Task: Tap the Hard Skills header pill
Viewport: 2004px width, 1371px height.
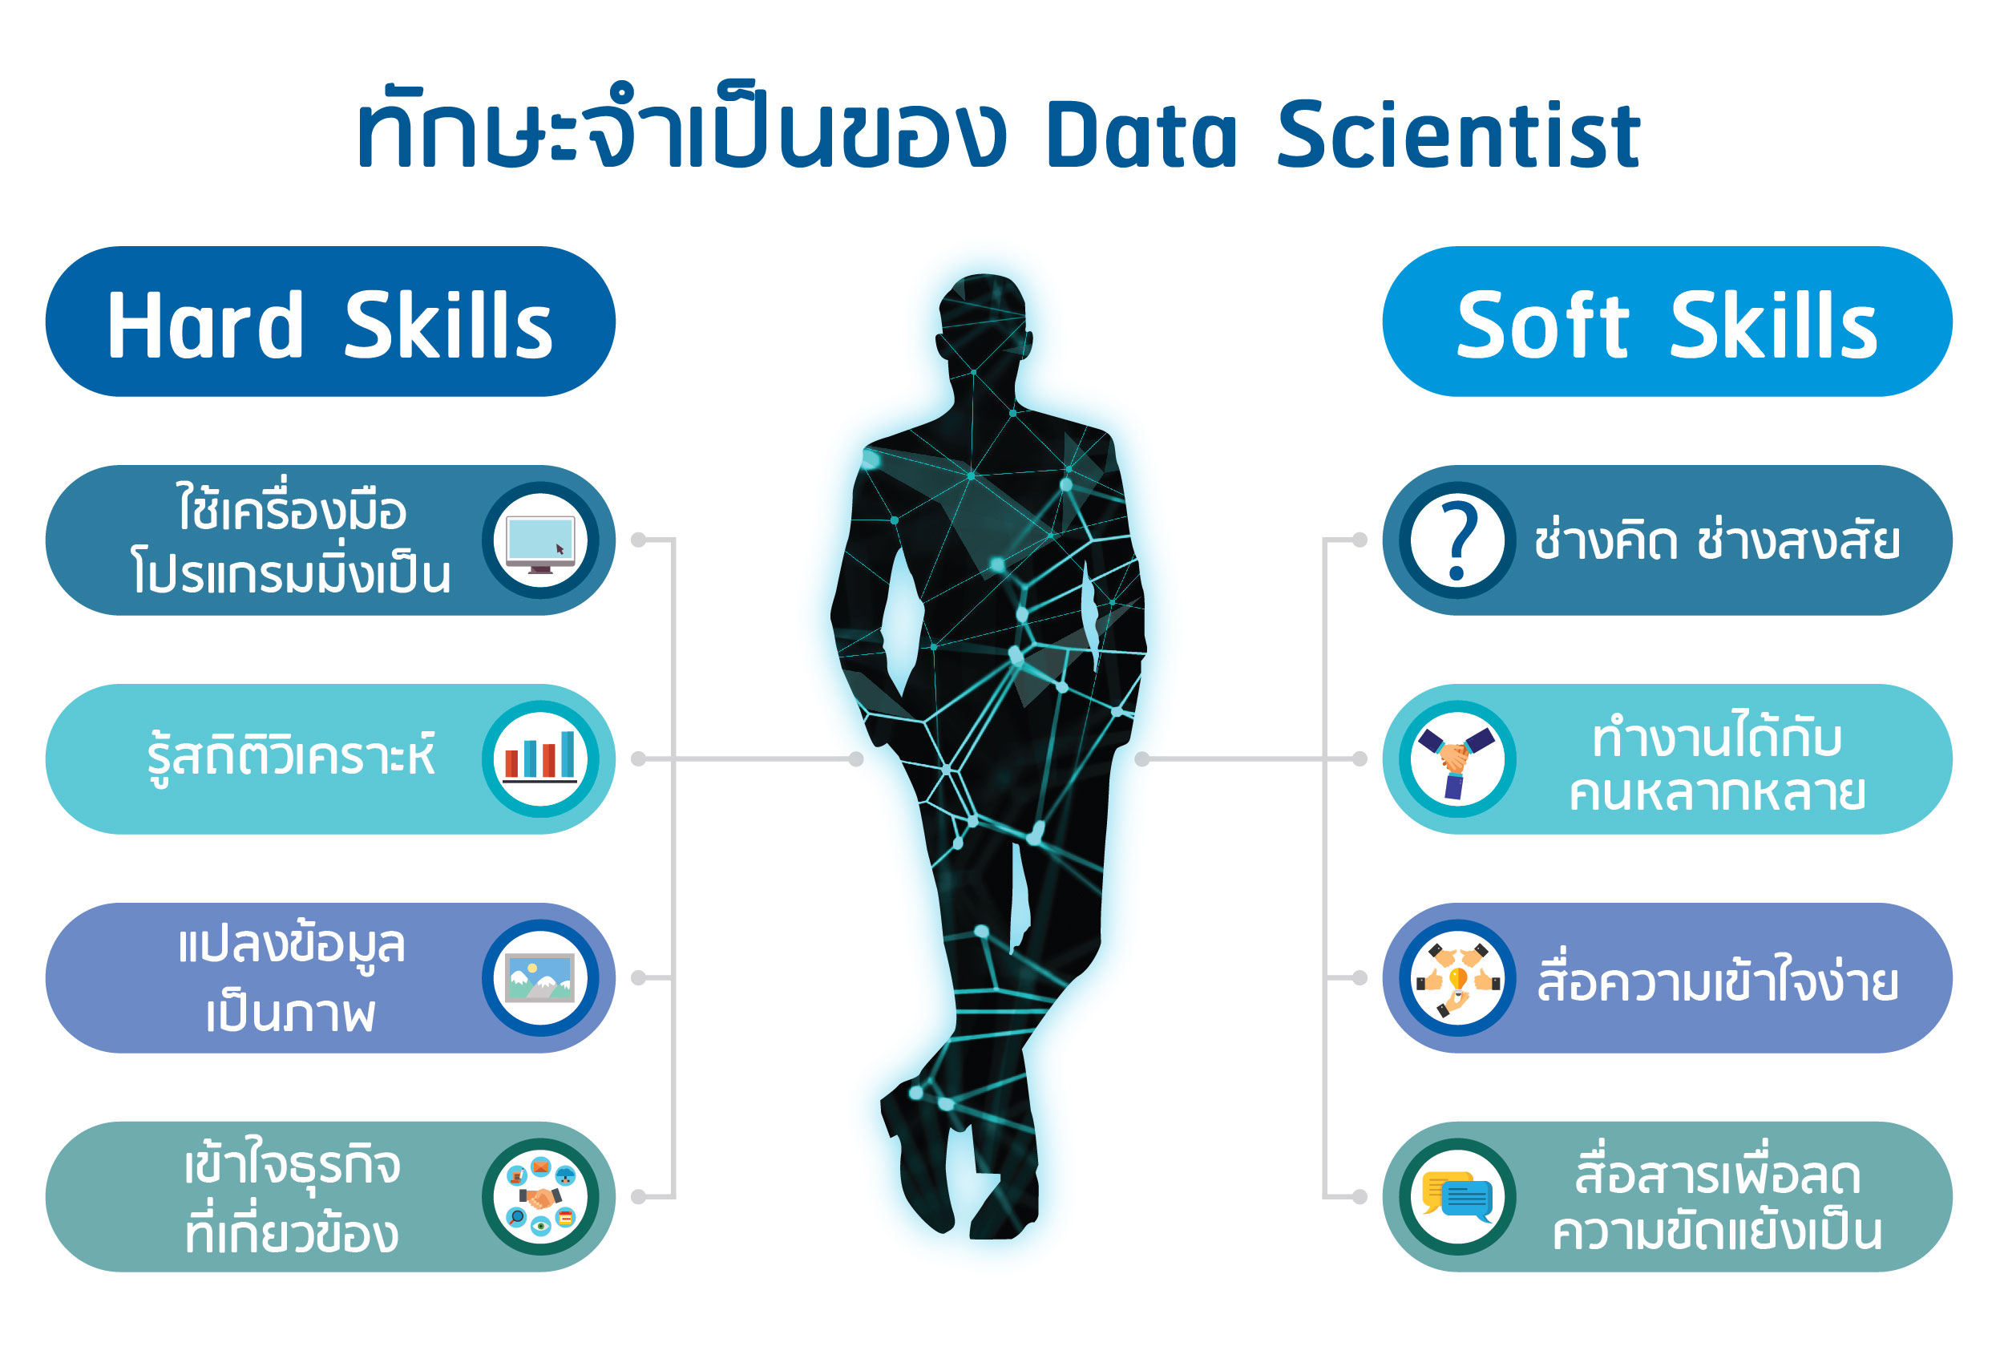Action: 330,321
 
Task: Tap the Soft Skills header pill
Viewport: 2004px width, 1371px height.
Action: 1667,321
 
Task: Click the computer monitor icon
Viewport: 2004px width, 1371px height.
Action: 539,540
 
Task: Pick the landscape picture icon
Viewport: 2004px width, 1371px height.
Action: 539,977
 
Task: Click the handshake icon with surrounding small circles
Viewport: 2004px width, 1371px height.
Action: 539,1197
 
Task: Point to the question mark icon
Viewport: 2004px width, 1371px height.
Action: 1457,540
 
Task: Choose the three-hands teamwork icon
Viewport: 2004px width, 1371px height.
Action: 1457,759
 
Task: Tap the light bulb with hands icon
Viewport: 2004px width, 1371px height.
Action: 1457,978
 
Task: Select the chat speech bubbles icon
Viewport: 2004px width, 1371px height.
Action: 1457,1197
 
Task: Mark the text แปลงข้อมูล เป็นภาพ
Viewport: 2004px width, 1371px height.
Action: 292,980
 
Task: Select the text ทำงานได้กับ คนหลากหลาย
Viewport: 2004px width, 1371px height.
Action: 1717,762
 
